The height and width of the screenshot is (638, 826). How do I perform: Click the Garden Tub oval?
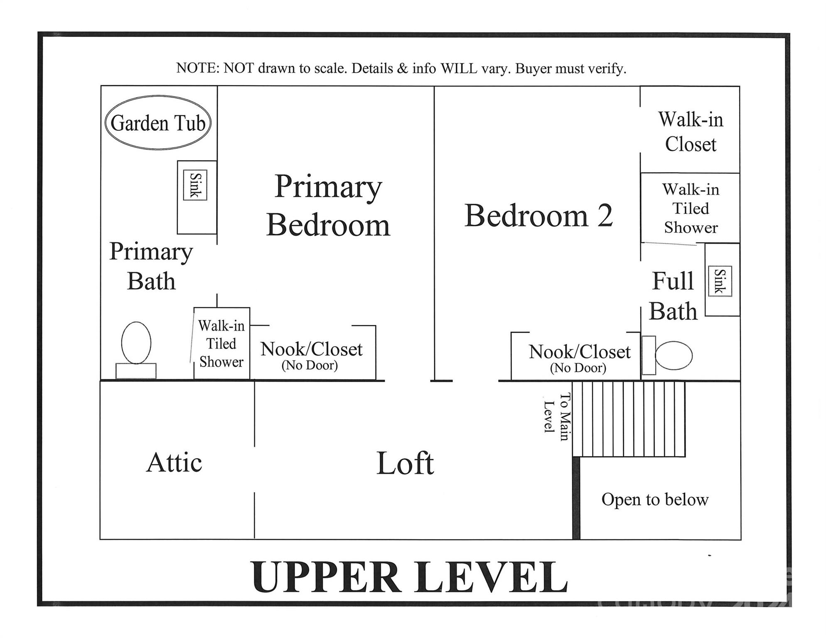tap(158, 123)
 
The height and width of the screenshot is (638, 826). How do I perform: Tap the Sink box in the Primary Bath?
tap(195, 185)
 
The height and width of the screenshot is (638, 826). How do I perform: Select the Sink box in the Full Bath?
tap(720, 281)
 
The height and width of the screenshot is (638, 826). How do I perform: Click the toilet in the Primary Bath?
tap(136, 349)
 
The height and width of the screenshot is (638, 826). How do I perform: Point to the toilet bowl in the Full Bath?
tap(673, 356)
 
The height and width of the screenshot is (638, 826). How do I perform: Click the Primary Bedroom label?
tap(328, 206)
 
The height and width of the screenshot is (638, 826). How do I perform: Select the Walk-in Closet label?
tap(691, 132)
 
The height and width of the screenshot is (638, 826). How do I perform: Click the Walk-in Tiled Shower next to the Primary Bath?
tap(221, 344)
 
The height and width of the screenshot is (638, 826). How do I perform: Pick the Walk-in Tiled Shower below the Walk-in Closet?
tap(691, 209)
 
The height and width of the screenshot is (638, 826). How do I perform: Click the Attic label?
tap(174, 462)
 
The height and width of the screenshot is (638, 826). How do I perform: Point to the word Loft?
tap(405, 463)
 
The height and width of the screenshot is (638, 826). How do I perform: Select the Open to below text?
tap(655, 500)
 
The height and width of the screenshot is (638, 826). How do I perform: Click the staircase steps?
tap(629, 419)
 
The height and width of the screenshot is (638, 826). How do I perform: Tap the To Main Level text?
tap(557, 417)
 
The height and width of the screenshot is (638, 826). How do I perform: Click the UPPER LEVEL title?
tap(409, 577)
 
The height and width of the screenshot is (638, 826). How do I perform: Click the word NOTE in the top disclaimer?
tap(197, 68)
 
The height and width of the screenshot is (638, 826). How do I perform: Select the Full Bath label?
tap(673, 296)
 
